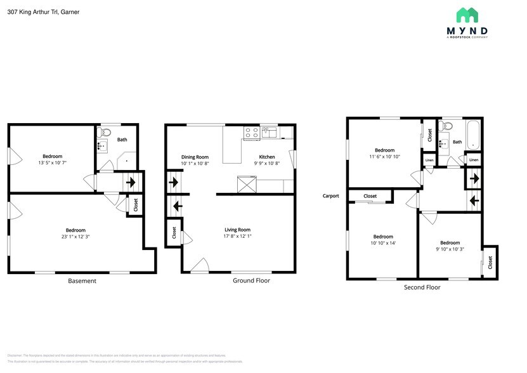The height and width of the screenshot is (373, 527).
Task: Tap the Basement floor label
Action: (x=82, y=281)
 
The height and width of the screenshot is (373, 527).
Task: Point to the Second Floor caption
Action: (x=422, y=287)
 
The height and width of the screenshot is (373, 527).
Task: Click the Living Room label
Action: (x=237, y=230)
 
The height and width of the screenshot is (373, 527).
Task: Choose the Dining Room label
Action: (x=195, y=157)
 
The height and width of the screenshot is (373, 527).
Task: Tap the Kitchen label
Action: (x=267, y=157)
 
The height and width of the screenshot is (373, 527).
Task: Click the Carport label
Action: (x=331, y=196)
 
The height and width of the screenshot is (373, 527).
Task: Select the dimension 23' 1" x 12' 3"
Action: (x=75, y=237)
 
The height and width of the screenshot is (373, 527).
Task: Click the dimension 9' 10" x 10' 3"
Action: (x=450, y=249)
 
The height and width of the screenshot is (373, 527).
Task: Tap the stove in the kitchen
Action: (x=252, y=133)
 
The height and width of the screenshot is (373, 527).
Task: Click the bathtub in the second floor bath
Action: (x=473, y=135)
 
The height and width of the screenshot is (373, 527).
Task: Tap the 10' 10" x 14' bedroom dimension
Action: (x=382, y=243)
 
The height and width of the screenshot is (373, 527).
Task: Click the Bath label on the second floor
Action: (x=457, y=142)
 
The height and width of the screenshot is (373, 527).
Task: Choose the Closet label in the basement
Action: (x=135, y=205)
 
